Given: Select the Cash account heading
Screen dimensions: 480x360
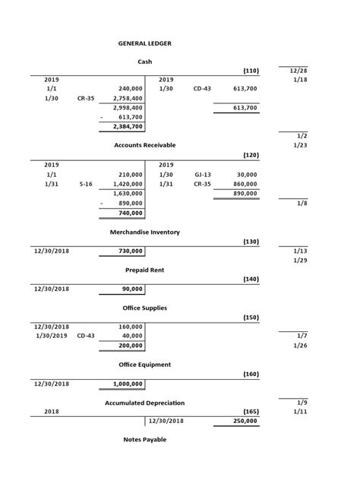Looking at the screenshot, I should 144,61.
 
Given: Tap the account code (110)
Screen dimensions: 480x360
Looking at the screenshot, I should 251,71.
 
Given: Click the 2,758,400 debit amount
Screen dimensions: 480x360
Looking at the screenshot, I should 127,98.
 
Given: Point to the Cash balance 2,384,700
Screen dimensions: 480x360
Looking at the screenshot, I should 127,127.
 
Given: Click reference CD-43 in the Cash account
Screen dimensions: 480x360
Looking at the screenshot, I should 202,89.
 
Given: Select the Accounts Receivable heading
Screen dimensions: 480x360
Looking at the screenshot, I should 144,144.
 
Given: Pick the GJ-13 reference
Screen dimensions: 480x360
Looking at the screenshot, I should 202,174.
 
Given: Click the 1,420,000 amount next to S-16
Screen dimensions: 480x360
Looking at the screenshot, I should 127,184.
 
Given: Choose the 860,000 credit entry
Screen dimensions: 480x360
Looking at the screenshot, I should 245,184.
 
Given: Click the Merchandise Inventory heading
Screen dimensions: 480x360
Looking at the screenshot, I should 144,232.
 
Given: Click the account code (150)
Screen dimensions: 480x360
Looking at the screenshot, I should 251,317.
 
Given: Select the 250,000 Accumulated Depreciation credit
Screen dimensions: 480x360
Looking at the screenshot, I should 245,420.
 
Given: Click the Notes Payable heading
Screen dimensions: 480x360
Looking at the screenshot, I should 144,439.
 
